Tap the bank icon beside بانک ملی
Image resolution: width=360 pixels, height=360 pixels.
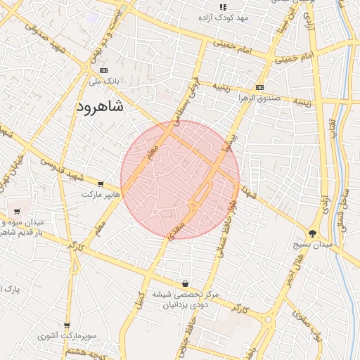pyautogui.click(x=105, y=71)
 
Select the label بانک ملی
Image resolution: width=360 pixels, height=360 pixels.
pyautogui.click(x=104, y=82)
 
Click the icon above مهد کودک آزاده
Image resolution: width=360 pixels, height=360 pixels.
pyautogui.click(x=224, y=7)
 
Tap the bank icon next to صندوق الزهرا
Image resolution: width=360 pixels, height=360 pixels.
pyautogui.click(x=260, y=87)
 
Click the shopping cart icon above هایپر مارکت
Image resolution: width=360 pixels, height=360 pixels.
pyautogui.click(x=101, y=184)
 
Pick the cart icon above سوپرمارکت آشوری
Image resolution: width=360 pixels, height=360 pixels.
pyautogui.click(x=67, y=326)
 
